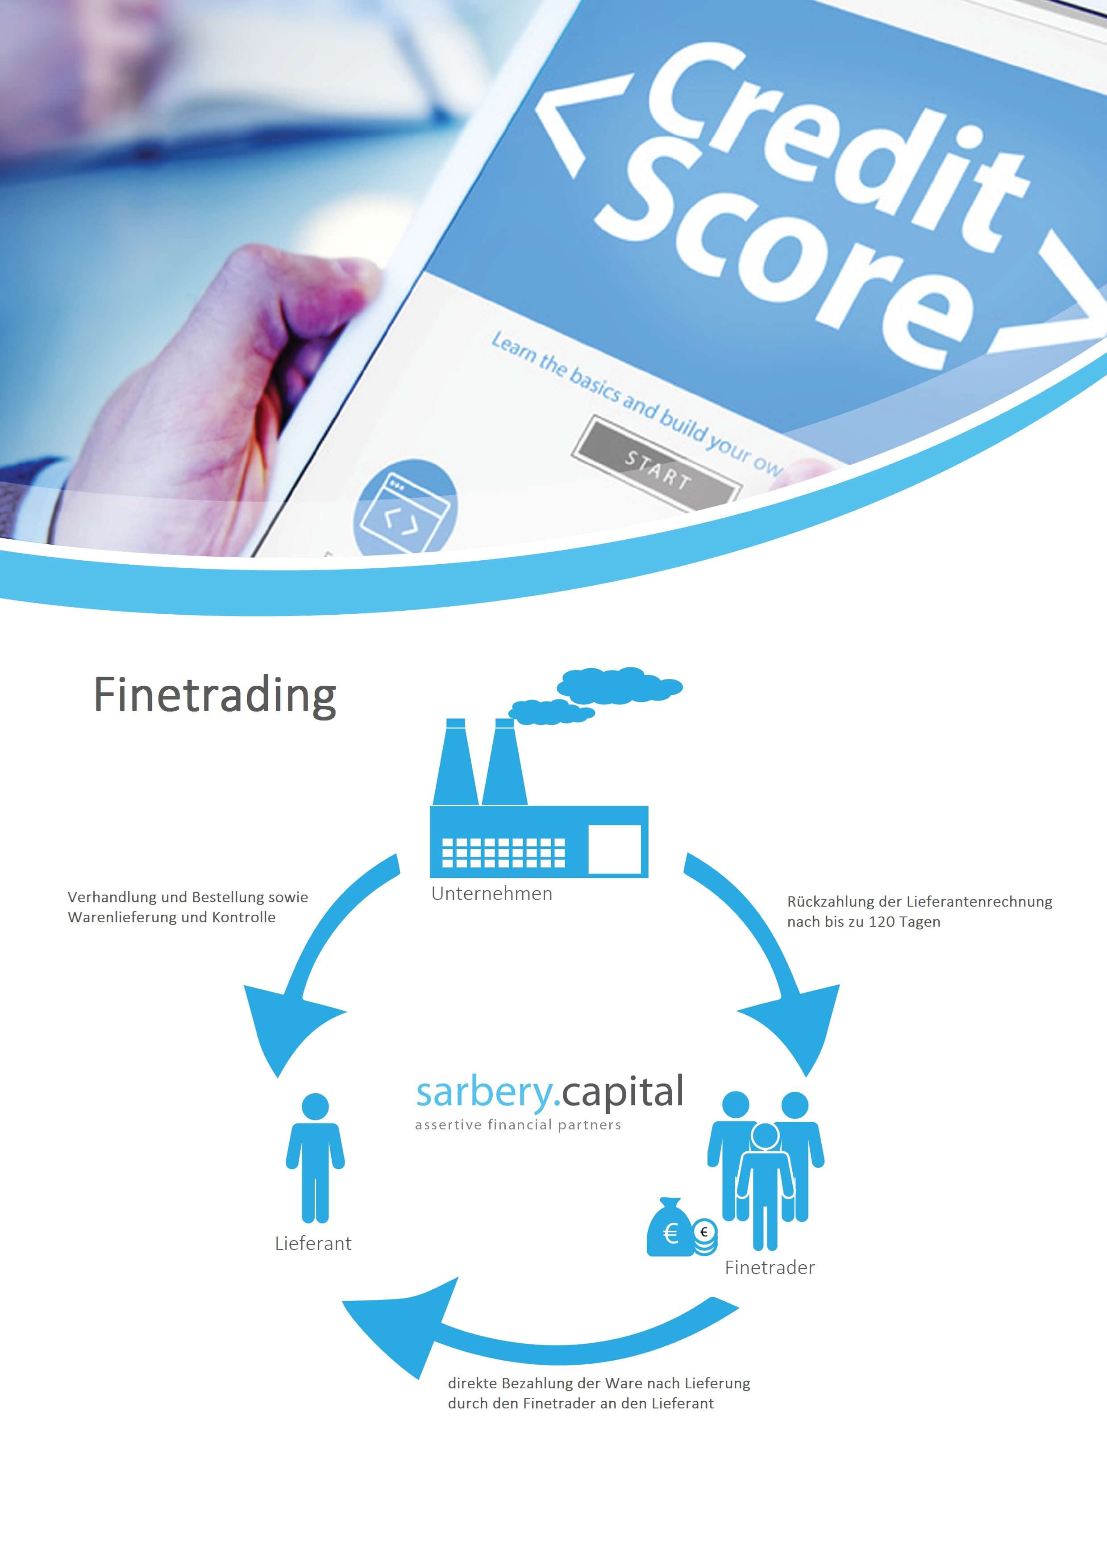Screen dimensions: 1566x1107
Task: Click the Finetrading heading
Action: point(214,696)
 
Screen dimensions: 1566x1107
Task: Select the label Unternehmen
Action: point(492,894)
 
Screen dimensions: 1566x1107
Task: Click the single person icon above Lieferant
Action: point(314,1158)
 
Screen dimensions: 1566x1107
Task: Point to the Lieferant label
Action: point(313,1243)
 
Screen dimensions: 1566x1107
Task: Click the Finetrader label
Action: point(770,1267)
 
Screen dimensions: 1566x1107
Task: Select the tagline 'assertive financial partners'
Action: point(518,1125)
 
